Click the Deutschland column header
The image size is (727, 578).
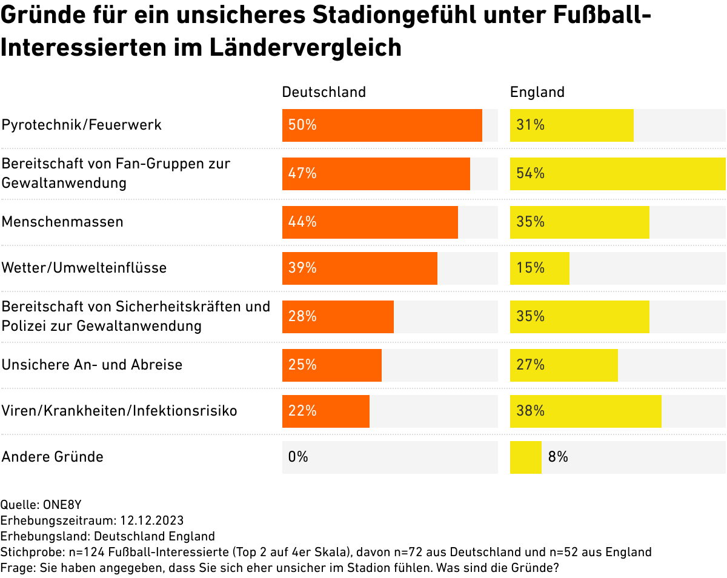(x=324, y=92)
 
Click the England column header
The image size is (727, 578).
(x=537, y=92)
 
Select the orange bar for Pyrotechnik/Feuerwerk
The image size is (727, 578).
(x=382, y=125)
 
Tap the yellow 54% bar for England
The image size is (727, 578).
(x=617, y=174)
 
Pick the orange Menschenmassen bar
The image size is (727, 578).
(x=370, y=222)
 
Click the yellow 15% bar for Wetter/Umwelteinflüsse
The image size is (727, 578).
(x=539, y=268)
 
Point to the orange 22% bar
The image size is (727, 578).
(x=325, y=411)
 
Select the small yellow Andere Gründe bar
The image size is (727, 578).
(x=525, y=457)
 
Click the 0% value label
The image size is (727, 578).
(x=298, y=457)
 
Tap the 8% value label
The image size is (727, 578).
(x=558, y=457)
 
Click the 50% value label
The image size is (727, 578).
(x=302, y=125)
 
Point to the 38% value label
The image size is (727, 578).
(x=530, y=411)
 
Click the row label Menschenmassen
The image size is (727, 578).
(x=62, y=222)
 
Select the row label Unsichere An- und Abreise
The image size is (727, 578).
(x=92, y=365)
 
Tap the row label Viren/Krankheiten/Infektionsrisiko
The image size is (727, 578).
(x=119, y=411)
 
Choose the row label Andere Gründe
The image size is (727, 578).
(x=53, y=457)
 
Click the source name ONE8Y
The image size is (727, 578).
(x=63, y=505)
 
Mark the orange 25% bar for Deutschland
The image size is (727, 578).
(x=331, y=365)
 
